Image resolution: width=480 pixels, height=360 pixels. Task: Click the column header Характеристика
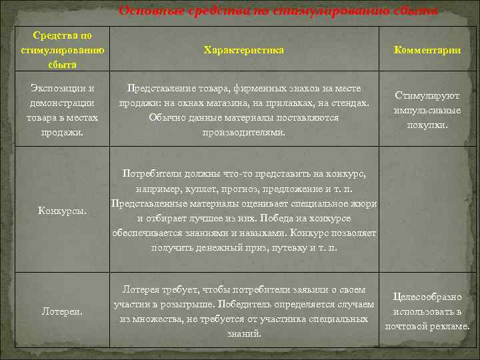point(243,51)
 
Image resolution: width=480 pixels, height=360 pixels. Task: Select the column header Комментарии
point(427,51)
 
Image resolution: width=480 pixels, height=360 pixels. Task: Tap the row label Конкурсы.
point(62,211)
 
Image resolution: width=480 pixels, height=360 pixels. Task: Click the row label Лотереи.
point(62,311)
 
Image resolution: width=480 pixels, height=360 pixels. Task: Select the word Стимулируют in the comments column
point(427,95)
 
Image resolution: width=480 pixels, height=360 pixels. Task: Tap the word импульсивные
point(427,110)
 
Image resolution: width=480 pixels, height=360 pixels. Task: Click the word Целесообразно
point(427,297)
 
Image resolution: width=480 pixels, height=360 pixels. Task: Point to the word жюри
point(364,203)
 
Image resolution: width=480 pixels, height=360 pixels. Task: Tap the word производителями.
point(243,132)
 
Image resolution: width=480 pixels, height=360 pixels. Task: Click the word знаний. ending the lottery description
point(244,333)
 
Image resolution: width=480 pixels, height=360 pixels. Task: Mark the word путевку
point(294,247)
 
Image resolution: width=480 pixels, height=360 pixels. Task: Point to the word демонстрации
point(63,103)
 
